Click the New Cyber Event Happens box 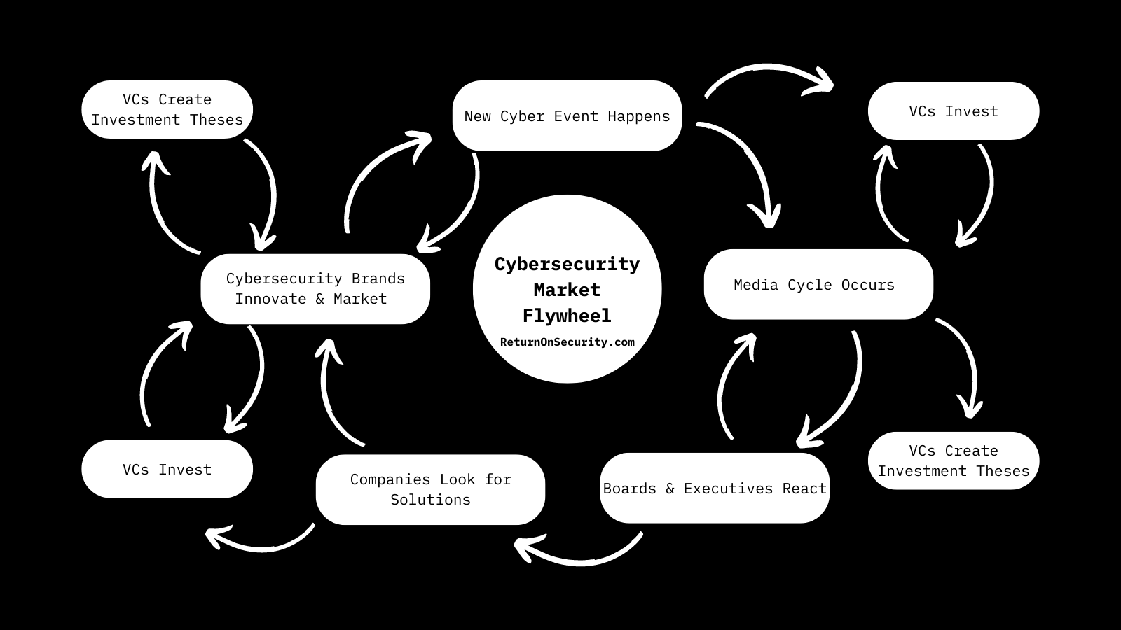567,116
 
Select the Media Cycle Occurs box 818,285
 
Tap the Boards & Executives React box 715,489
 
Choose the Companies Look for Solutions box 430,489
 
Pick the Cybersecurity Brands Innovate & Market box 315,288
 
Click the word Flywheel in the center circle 567,316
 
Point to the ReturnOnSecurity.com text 567,342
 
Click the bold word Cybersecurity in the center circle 567,264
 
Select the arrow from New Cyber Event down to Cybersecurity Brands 462,210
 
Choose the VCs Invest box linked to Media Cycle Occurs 953,111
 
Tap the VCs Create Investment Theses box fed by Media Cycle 953,461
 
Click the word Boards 630,489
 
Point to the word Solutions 430,500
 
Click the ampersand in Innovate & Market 319,299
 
